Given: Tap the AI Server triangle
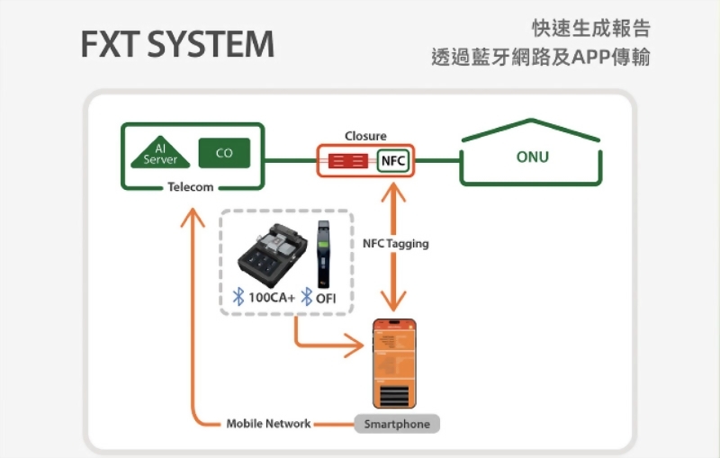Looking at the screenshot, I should click(161, 154).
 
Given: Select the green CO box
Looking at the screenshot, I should click(224, 153).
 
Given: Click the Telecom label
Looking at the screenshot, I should click(191, 187).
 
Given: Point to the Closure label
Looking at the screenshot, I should click(365, 136).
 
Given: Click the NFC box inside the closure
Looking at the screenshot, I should click(393, 161).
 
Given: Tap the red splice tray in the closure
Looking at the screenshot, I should click(347, 161).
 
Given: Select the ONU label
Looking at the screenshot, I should click(533, 157).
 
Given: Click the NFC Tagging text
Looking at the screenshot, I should click(396, 244).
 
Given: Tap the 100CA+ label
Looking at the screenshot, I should click(272, 298).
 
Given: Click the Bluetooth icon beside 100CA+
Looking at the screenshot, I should click(238, 298).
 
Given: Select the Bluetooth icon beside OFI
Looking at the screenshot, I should click(307, 298).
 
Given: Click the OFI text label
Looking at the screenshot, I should click(325, 298).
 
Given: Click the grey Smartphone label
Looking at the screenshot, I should click(397, 424).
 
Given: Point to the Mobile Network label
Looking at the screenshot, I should click(268, 424).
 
